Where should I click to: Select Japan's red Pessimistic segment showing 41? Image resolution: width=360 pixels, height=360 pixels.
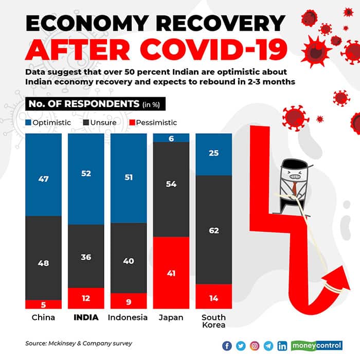point(171,273)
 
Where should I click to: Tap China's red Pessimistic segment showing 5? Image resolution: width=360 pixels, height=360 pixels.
point(43,303)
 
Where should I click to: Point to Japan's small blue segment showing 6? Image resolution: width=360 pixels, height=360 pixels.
point(171,137)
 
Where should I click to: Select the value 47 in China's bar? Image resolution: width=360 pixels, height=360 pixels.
point(43,179)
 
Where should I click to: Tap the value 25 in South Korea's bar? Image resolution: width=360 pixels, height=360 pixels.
point(213,153)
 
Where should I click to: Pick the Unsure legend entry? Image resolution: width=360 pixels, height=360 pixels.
point(101,123)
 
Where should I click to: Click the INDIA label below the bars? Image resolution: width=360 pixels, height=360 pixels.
point(86,317)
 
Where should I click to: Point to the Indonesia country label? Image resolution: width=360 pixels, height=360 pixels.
point(128,317)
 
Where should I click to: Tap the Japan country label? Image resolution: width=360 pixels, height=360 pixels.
point(171,317)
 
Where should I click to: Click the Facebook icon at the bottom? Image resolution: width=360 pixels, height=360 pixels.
point(228,345)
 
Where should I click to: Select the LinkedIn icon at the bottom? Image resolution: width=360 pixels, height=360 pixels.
point(282,345)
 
